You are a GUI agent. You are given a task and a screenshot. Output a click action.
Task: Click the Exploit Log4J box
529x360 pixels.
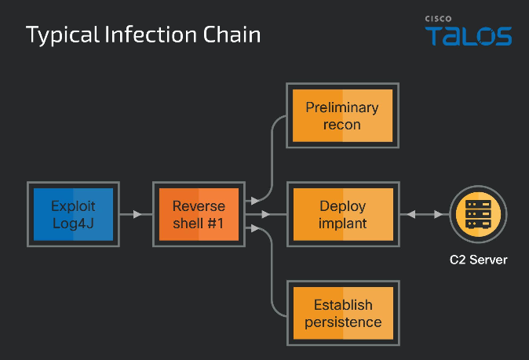point(73,214)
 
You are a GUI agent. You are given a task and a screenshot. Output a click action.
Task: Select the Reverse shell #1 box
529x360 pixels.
point(199,214)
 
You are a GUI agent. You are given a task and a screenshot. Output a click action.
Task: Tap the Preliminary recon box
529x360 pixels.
point(342,115)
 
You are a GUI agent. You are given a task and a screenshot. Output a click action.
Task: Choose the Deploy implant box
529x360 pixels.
point(343,214)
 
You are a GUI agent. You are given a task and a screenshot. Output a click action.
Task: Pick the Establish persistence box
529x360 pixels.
point(343,313)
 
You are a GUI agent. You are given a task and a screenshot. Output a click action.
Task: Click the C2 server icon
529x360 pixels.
point(479,214)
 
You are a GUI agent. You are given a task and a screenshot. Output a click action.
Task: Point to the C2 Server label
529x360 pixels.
point(479,260)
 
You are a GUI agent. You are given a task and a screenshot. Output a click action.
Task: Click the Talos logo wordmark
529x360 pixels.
point(469,36)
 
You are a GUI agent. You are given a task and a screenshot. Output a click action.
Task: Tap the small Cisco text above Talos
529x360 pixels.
point(438,19)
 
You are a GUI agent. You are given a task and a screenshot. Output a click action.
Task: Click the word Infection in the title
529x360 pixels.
point(151,35)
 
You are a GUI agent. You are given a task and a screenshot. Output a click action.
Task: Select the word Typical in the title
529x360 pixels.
point(63,35)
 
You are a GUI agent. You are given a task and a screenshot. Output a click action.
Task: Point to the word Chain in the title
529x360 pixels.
point(232,35)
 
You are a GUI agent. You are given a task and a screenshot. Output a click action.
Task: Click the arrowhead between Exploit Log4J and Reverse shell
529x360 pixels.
point(137,214)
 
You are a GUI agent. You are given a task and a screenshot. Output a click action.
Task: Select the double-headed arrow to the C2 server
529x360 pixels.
point(425,214)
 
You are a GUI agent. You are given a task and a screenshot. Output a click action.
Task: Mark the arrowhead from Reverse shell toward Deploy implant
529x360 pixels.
point(266,214)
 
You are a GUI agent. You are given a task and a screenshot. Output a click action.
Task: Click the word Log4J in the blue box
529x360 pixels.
point(73,224)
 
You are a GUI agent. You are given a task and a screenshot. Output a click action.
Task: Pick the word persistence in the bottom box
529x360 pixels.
point(343,322)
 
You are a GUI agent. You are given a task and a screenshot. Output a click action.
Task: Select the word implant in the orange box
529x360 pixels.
point(343,224)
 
